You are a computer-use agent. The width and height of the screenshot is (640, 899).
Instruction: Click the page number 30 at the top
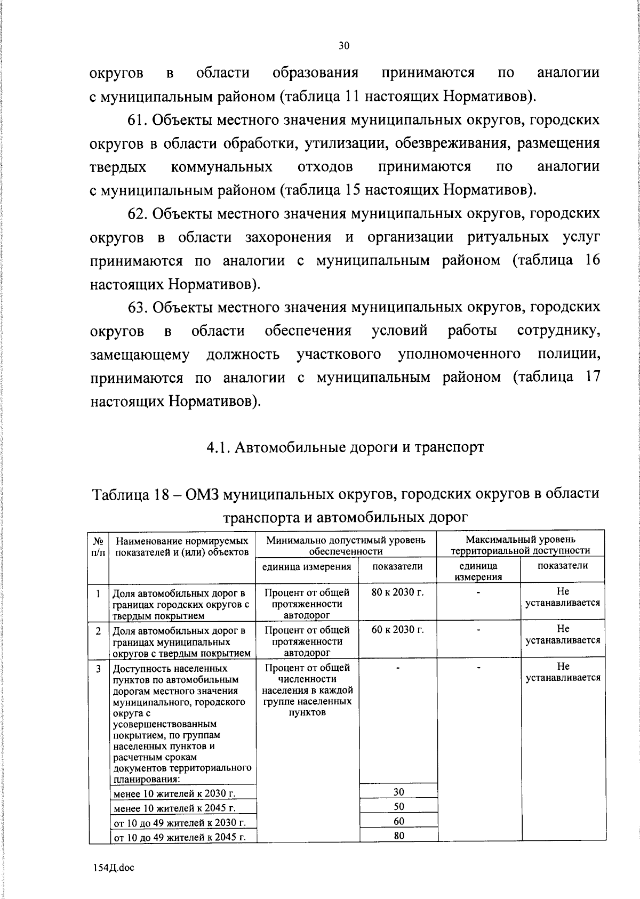coord(344,46)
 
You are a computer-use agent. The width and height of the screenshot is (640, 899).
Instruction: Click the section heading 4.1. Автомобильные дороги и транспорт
coord(345,447)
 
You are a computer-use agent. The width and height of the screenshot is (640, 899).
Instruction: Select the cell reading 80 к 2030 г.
coord(397,592)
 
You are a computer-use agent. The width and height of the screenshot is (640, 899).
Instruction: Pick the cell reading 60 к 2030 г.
coord(397,630)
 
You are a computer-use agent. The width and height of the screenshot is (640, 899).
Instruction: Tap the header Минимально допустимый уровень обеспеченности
coord(346,545)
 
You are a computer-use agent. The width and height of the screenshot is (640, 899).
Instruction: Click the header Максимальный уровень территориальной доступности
coord(520,545)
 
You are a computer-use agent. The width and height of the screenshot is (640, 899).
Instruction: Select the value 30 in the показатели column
coord(398,791)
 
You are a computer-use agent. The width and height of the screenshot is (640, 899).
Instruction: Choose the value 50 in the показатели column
coord(398,806)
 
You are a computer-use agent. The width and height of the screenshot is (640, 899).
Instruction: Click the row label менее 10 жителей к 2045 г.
coord(174,808)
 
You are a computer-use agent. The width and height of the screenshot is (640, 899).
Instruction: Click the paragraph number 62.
coord(137,214)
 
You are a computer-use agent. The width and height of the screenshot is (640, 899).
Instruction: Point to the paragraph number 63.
coord(137,308)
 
